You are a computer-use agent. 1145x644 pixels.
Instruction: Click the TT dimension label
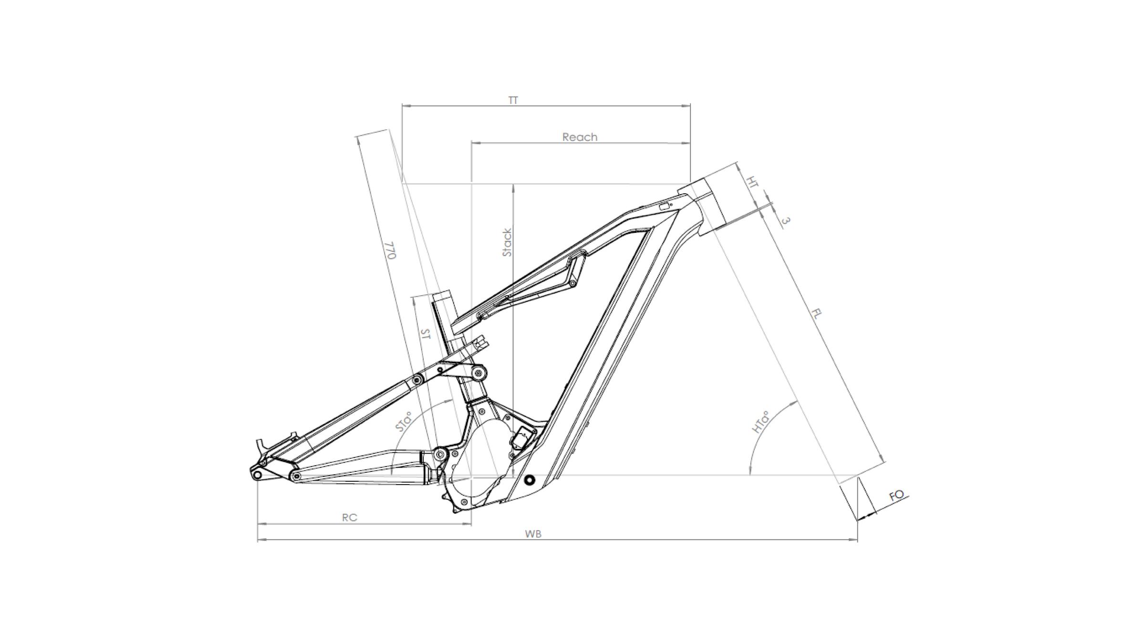pos(513,100)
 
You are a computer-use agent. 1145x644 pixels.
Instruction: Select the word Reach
pos(580,137)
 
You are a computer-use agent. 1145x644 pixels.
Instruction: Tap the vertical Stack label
pos(507,242)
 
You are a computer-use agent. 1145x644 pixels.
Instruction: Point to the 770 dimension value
pos(391,250)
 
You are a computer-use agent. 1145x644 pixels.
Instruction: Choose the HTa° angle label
pos(761,422)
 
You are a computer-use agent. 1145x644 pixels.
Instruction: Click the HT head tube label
pos(752,182)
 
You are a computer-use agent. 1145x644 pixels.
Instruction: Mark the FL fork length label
pos(817,313)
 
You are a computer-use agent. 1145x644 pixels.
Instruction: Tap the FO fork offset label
pos(896,496)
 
